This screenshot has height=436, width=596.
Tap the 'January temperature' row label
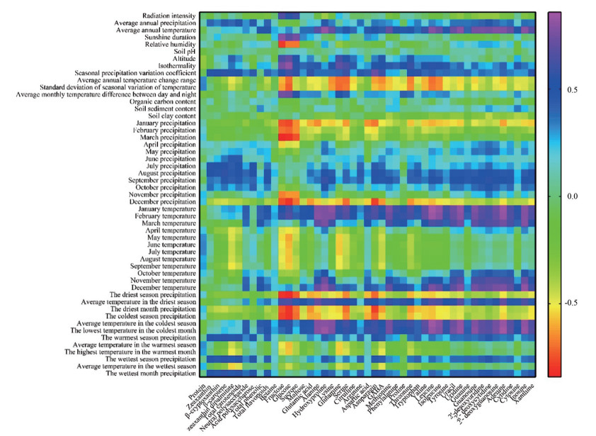(x=162, y=209)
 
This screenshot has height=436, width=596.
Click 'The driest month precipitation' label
(x=153, y=309)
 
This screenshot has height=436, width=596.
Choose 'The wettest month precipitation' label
(x=151, y=373)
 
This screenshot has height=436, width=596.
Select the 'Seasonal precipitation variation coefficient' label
(x=135, y=72)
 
